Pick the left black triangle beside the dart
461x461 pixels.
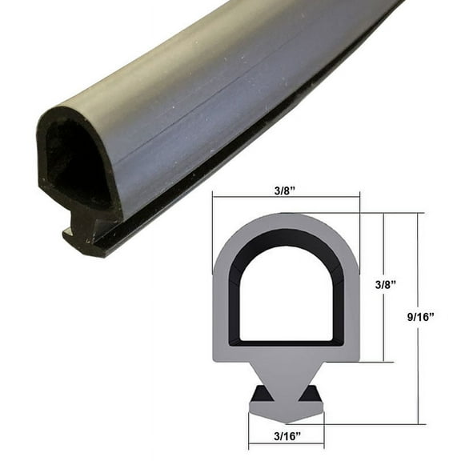tap(261, 395)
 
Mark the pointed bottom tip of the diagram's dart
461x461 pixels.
tap(286, 422)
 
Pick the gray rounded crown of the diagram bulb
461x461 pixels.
tap(286, 221)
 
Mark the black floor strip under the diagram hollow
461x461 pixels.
tap(286, 343)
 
